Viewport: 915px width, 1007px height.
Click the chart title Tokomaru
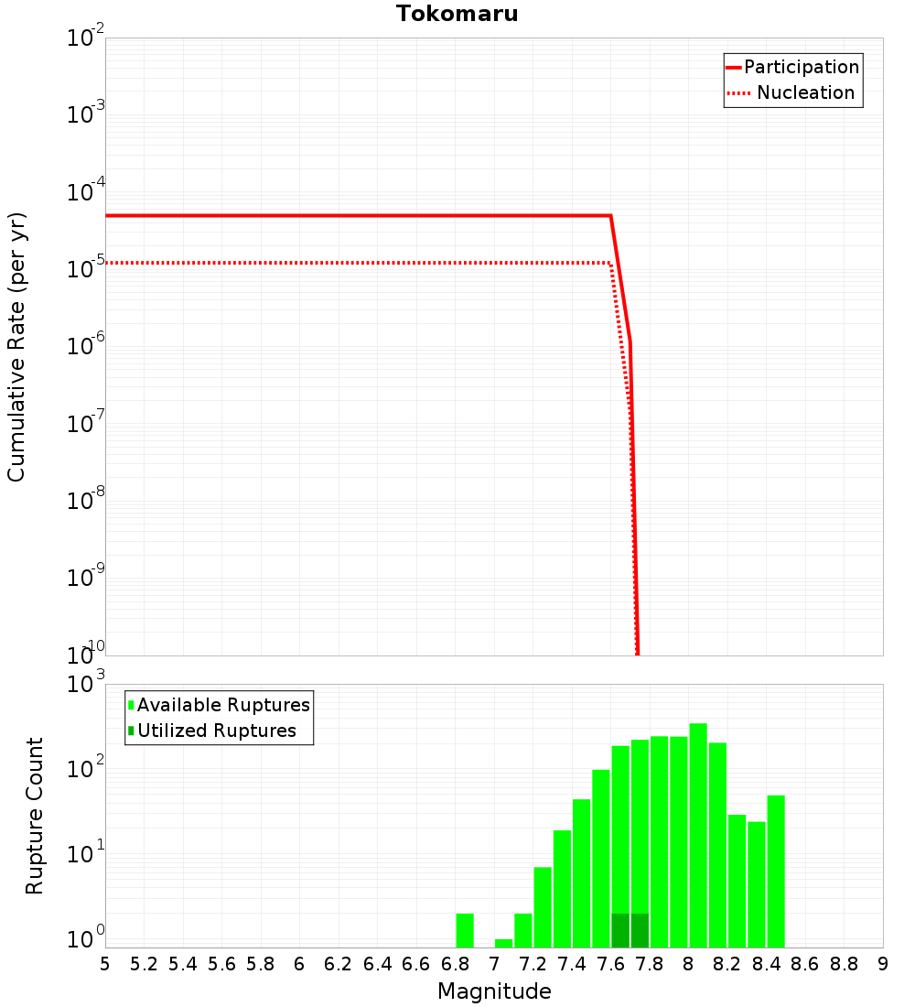point(457,14)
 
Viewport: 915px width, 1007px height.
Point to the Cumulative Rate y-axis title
point(16,346)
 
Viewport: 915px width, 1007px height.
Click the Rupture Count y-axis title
point(35,816)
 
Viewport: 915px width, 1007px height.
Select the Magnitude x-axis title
point(494,991)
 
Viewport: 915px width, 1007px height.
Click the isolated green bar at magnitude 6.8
point(464,930)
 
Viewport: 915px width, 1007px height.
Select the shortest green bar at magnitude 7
point(503,943)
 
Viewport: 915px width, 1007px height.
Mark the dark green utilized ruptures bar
point(630,930)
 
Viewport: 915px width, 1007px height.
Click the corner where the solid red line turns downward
point(610,216)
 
